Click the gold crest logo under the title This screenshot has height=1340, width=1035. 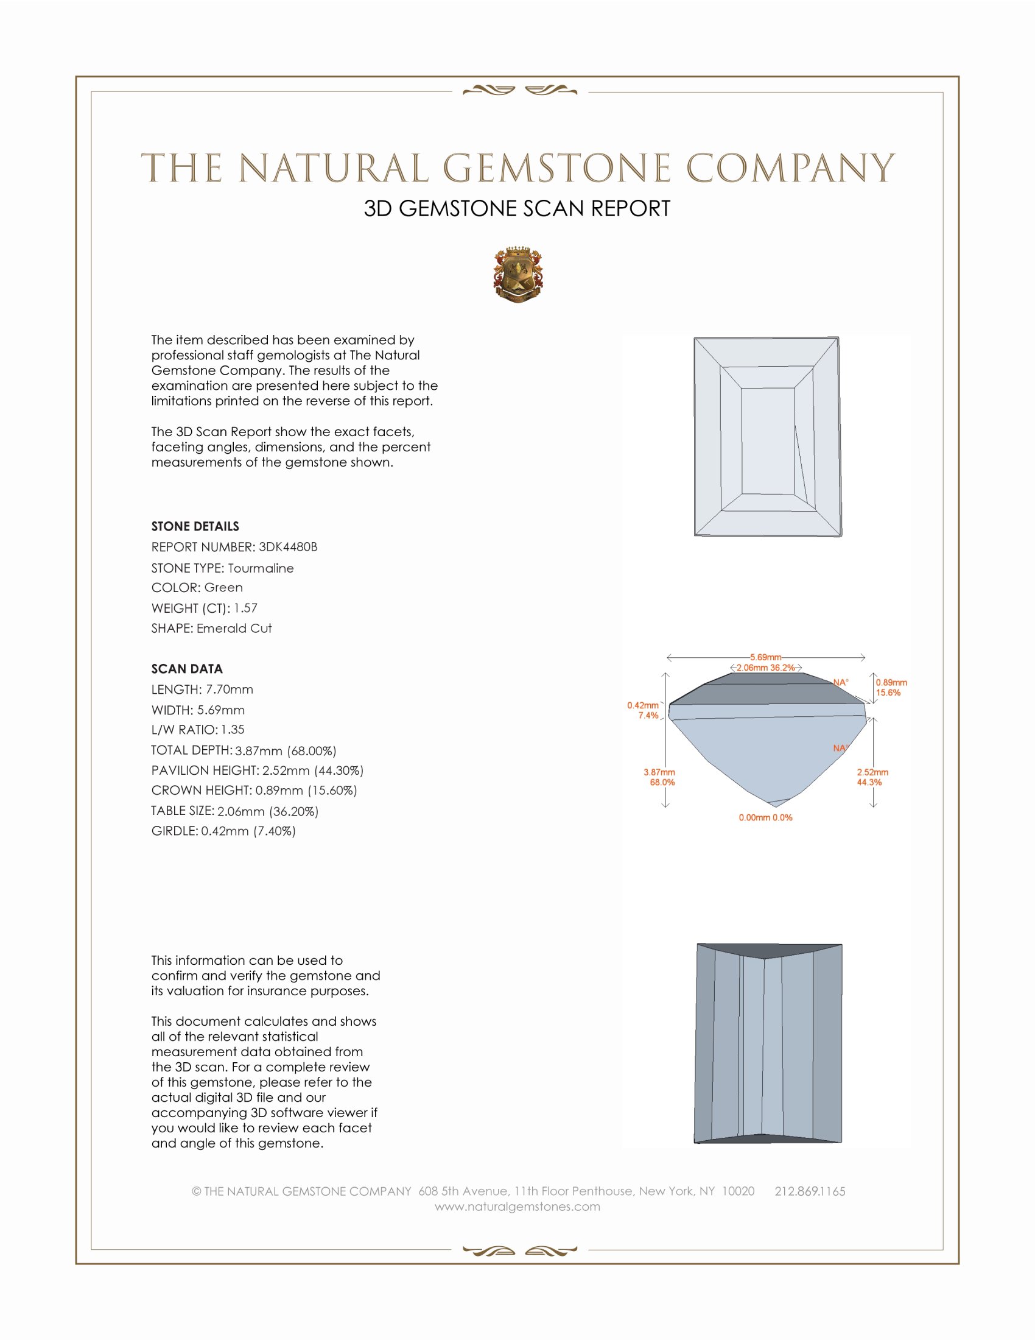(x=517, y=275)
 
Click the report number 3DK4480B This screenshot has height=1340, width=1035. (x=287, y=547)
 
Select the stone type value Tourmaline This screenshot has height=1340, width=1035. (x=261, y=568)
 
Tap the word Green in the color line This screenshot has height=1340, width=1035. (x=223, y=587)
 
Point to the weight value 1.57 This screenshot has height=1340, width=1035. (x=245, y=608)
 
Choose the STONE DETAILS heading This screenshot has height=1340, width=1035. (x=195, y=526)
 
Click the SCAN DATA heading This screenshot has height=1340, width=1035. (x=187, y=669)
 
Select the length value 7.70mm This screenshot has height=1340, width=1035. (x=230, y=689)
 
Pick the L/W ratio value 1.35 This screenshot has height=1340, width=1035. (x=233, y=730)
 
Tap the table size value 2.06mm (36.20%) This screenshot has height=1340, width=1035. (x=267, y=811)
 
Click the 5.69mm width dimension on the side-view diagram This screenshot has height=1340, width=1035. (x=765, y=657)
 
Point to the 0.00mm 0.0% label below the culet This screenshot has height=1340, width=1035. (x=765, y=817)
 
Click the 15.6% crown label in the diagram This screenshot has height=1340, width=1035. (x=888, y=693)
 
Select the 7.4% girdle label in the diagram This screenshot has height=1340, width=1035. (x=648, y=716)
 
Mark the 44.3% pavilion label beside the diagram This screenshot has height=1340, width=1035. (x=869, y=782)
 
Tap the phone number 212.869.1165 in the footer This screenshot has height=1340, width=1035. (x=809, y=1191)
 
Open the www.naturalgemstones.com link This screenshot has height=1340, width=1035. (x=517, y=1206)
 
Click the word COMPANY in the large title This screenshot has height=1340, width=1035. (x=790, y=168)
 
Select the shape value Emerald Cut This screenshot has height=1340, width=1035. (x=234, y=629)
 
